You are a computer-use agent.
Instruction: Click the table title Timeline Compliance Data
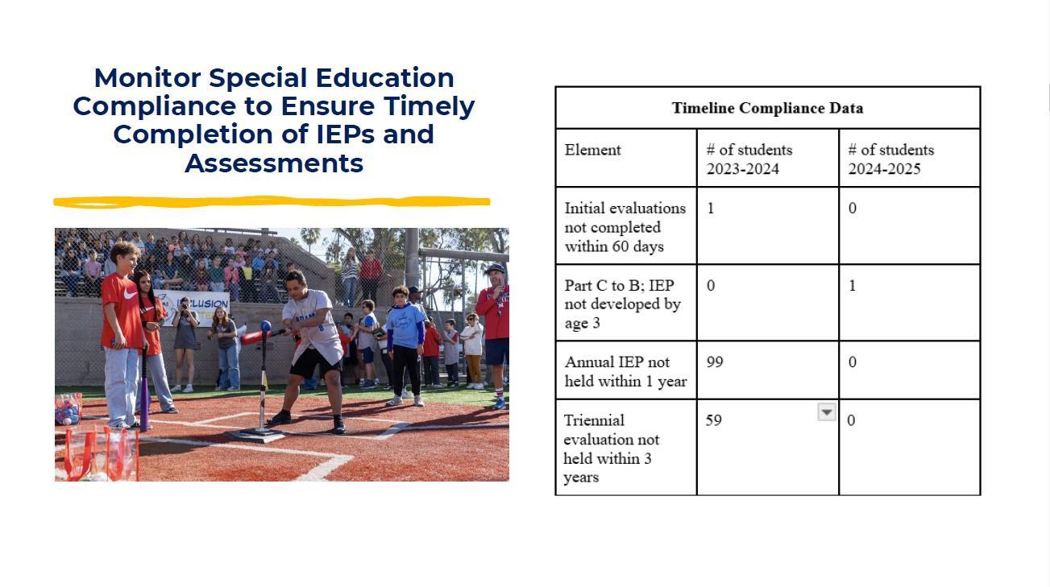[x=767, y=108]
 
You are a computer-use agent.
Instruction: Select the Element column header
[x=592, y=150]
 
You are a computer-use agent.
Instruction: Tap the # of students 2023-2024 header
[x=749, y=159]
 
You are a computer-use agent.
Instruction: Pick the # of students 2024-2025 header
[x=890, y=159]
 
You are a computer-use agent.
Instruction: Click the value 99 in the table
[x=715, y=362]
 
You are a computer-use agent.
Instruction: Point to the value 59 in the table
[x=713, y=420]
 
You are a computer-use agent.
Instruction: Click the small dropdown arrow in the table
[x=827, y=412]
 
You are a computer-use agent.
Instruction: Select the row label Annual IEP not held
[x=625, y=371]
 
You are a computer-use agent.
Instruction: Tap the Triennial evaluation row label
[x=612, y=449]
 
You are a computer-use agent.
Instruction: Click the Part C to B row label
[x=622, y=304]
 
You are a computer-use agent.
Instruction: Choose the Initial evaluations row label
[x=625, y=227]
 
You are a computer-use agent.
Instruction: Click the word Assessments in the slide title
[x=274, y=163]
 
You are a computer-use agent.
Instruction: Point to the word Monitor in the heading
[x=147, y=78]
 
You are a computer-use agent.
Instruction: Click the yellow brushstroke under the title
[x=272, y=202]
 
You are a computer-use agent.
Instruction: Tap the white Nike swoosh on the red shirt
[x=130, y=294]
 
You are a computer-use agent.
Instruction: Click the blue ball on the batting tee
[x=265, y=326]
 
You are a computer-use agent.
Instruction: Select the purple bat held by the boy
[x=144, y=391]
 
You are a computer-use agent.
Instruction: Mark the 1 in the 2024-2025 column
[x=853, y=285]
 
